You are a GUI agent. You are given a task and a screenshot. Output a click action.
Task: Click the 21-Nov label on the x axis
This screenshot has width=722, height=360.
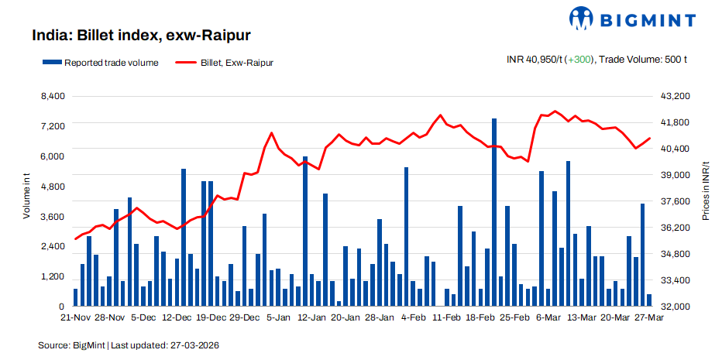(x=76, y=318)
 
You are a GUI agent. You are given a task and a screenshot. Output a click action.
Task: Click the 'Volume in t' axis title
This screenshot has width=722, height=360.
(x=26, y=197)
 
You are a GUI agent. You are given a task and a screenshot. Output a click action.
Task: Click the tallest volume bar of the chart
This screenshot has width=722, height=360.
(x=493, y=213)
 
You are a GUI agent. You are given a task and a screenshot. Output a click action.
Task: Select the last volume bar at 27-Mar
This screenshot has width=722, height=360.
(x=649, y=300)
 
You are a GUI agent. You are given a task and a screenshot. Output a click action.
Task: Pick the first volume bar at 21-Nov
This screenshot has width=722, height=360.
(x=76, y=297)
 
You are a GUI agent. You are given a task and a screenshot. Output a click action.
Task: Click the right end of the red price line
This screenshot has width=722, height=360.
(x=649, y=138)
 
